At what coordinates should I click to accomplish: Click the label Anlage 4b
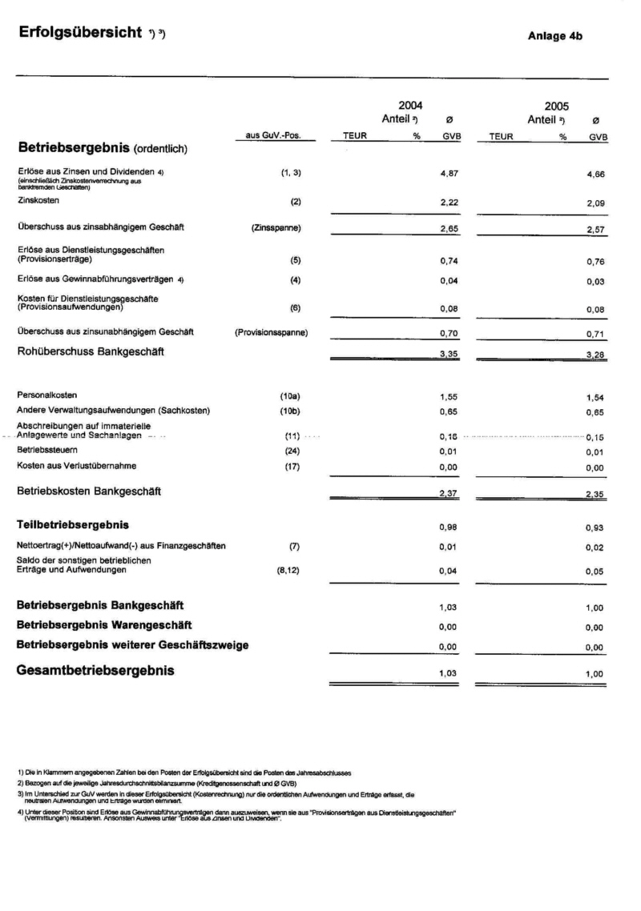coord(555,36)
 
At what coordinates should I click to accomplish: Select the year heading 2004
coord(410,106)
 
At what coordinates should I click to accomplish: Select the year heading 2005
coord(556,106)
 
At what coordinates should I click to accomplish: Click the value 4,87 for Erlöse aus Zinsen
coord(449,173)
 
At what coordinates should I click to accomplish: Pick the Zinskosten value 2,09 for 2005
coord(595,205)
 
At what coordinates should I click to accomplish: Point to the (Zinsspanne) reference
coord(276,228)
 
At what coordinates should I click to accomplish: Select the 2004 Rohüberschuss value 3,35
coord(449,353)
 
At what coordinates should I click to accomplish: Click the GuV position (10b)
coord(289,411)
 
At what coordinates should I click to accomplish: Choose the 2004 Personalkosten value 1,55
coord(449,396)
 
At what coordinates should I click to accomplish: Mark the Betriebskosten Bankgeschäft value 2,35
coord(595,494)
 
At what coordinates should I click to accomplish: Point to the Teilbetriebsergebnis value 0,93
coord(595,528)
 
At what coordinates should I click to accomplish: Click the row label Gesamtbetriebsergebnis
coord(95,671)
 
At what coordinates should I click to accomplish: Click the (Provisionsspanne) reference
coord(272,331)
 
